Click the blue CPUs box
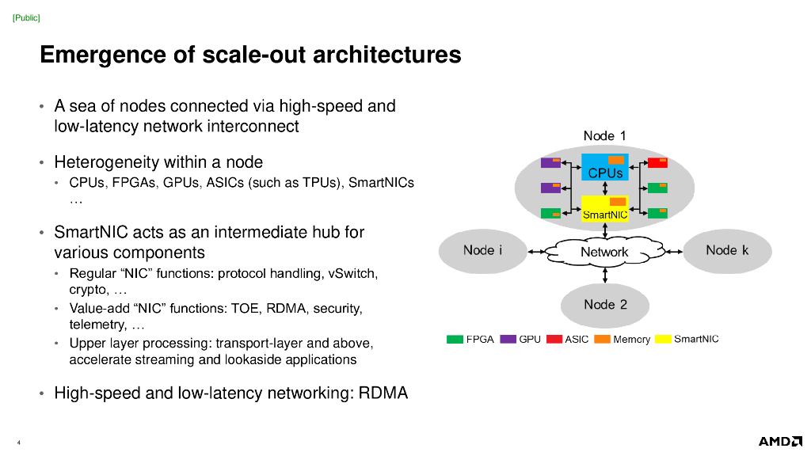(x=604, y=167)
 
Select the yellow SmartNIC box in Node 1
(x=604, y=208)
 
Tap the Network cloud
(x=604, y=252)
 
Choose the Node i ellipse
(x=482, y=251)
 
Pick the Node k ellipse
(x=727, y=251)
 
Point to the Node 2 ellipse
(x=605, y=305)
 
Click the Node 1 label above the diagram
(x=604, y=135)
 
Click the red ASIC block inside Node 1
(x=657, y=163)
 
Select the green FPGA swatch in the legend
(x=455, y=339)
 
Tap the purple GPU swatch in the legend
(x=508, y=339)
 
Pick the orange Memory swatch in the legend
(x=602, y=339)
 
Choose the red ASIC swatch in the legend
(x=554, y=339)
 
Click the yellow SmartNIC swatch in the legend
(x=663, y=339)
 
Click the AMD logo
(x=780, y=441)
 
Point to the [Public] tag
(x=26, y=18)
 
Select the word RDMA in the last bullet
(x=383, y=393)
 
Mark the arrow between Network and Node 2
(x=605, y=275)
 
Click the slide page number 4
(x=19, y=443)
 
